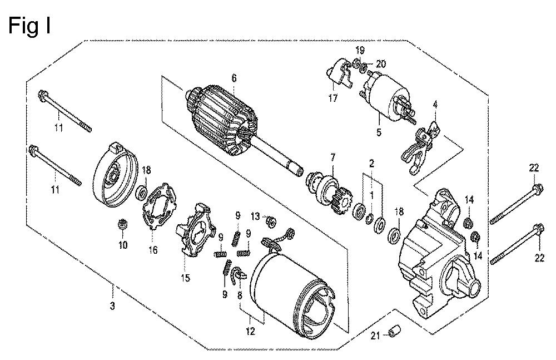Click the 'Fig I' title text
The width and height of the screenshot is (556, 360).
[x=30, y=26]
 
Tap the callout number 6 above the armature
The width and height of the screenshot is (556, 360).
[x=234, y=78]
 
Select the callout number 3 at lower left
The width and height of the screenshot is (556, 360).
[x=112, y=305]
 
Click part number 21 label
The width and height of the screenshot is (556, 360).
[x=375, y=335]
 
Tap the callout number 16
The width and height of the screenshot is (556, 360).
[x=153, y=250]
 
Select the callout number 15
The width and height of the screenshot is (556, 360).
[x=186, y=278]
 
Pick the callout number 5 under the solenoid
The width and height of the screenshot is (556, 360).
[x=379, y=132]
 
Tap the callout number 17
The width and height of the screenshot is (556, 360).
[x=332, y=98]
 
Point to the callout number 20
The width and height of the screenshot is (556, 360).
[x=381, y=64]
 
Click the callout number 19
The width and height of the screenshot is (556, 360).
[x=360, y=50]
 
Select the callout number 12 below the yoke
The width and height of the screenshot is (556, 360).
[x=250, y=331]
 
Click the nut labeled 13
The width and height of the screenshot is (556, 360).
[x=271, y=222]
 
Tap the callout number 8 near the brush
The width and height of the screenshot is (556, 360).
[x=240, y=295]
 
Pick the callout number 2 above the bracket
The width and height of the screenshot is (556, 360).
[x=371, y=164]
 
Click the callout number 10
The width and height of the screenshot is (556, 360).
[x=123, y=245]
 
